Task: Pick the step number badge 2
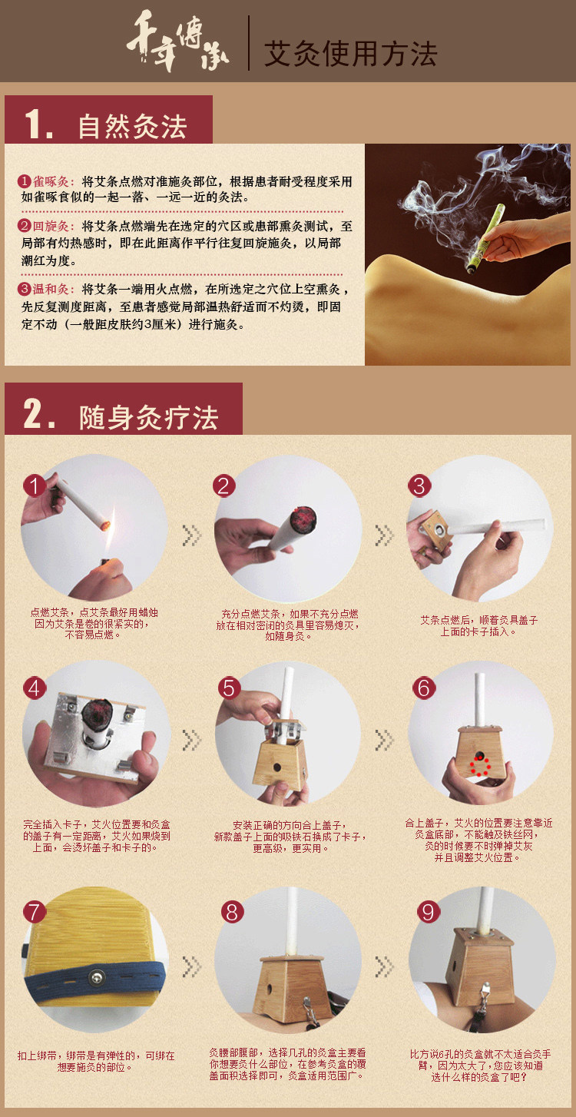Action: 224,486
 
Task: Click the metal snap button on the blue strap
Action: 97,976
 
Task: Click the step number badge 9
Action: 429,912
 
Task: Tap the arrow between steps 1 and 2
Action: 191,535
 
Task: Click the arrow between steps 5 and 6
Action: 384,741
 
